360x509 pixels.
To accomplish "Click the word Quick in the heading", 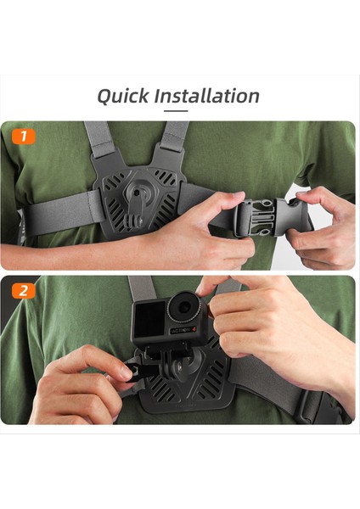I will click(x=121, y=96).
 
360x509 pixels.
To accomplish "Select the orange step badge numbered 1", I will click(x=24, y=135).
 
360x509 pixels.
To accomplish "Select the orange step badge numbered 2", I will click(x=24, y=290).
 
